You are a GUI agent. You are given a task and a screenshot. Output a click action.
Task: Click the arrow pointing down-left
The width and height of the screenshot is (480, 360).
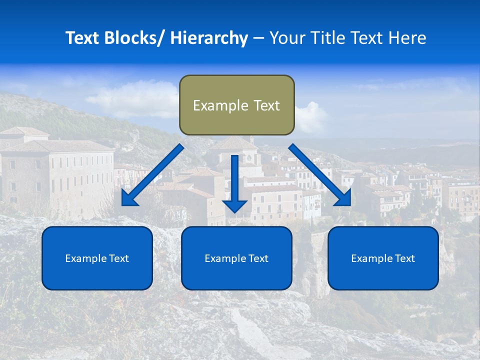pos(152,175)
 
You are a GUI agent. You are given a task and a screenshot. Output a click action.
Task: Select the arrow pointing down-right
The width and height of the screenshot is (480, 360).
pos(320,175)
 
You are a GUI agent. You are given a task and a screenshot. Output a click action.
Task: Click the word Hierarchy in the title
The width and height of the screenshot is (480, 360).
pos(209,38)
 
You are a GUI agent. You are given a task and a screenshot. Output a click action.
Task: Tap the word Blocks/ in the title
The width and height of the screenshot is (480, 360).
pos(135,38)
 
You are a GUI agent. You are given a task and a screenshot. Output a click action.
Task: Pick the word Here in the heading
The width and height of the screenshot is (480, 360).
pos(407,38)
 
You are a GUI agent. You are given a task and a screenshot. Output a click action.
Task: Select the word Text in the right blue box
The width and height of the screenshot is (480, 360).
pos(404,258)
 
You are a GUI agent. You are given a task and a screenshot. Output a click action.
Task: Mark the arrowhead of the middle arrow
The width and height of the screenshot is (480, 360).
pos(234,205)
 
